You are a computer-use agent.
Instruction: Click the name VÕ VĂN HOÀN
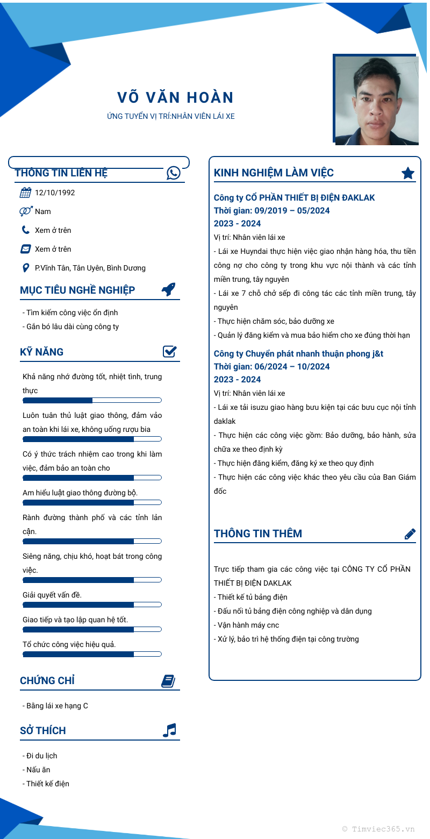click(175, 98)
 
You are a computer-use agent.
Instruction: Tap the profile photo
click(376, 100)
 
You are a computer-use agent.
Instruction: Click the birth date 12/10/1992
click(55, 193)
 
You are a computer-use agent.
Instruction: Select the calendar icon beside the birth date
click(25, 193)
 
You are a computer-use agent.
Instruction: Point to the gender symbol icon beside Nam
click(25, 211)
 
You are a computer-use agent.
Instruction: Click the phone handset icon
click(25, 230)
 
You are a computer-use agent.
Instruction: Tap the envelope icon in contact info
click(25, 249)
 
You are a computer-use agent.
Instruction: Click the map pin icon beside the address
click(25, 268)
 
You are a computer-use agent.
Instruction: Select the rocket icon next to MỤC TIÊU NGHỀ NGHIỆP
click(169, 289)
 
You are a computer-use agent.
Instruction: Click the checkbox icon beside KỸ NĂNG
click(170, 352)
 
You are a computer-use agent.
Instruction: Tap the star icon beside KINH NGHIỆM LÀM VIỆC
click(408, 173)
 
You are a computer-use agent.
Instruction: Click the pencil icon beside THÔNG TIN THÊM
click(410, 534)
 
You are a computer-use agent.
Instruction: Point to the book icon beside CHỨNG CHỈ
click(168, 681)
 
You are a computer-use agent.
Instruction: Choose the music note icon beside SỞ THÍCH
click(169, 730)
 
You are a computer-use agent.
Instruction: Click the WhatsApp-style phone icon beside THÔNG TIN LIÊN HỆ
click(174, 173)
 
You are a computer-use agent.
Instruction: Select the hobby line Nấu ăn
click(38, 770)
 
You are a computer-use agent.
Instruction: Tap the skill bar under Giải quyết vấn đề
click(92, 605)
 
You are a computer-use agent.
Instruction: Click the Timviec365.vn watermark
click(378, 829)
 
